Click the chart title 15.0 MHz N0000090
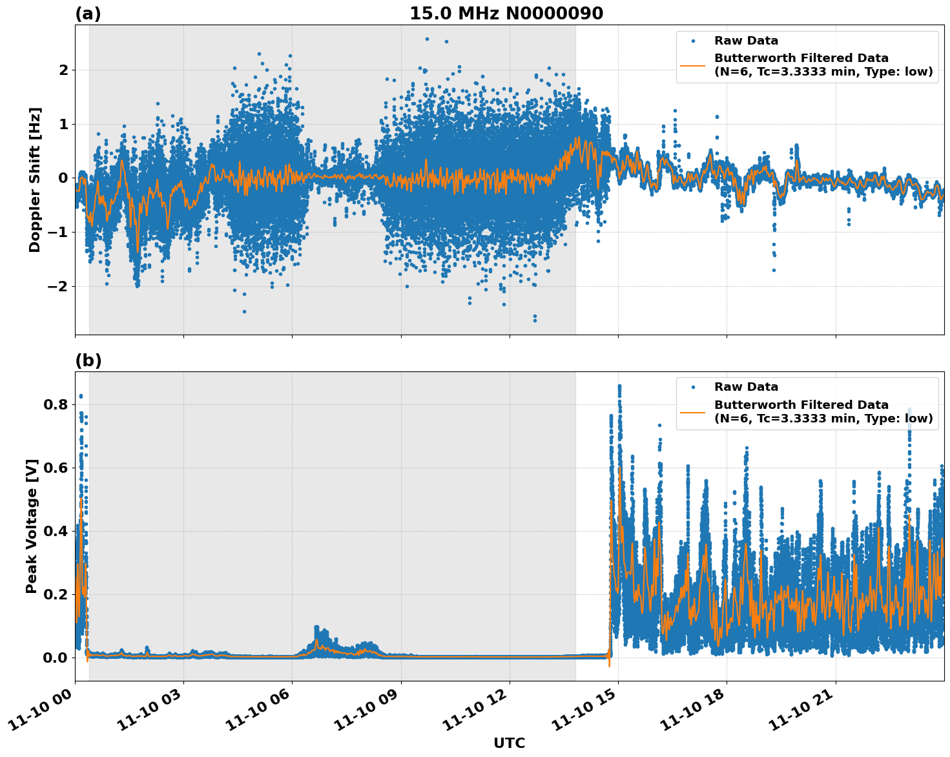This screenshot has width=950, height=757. tap(506, 14)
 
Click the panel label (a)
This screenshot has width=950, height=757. tap(88, 14)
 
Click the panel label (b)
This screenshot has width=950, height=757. tap(88, 360)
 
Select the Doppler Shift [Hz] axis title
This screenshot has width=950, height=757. tap(34, 180)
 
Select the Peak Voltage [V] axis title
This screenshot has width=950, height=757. tap(32, 526)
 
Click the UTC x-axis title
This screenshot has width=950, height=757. tap(509, 743)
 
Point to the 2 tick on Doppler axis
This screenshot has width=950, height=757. tap(63, 70)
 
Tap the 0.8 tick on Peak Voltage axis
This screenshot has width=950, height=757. tap(55, 405)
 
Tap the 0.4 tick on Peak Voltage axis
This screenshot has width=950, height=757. tap(55, 532)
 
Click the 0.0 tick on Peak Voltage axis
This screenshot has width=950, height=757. tap(55, 658)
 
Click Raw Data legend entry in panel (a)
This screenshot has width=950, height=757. tap(746, 41)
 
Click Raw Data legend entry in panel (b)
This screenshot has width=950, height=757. tap(746, 387)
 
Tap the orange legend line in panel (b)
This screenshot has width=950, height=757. tap(693, 411)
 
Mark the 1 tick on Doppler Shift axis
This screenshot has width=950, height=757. tap(63, 124)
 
